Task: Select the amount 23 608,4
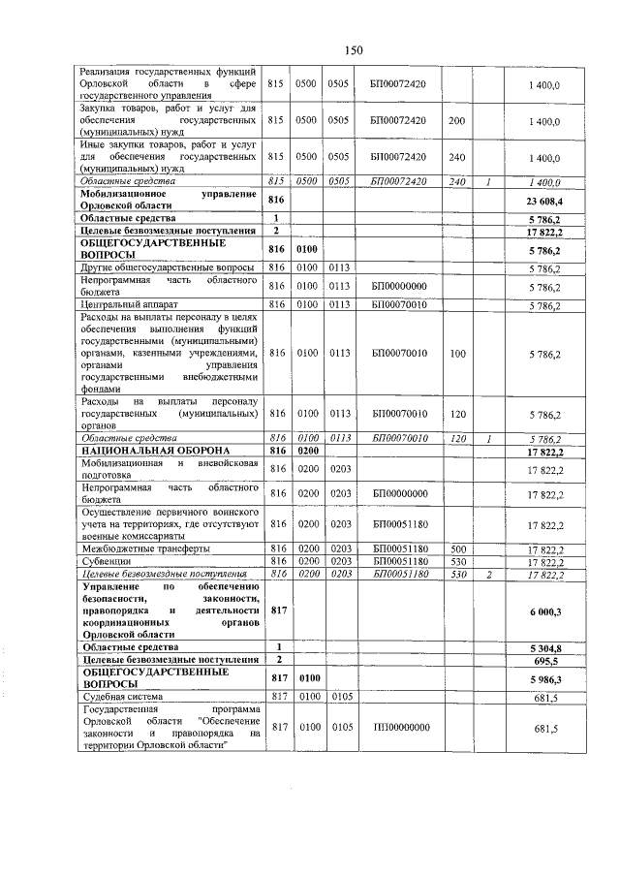543,200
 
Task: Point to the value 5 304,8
545,646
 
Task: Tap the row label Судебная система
121,696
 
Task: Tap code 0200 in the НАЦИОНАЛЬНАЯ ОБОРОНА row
307,452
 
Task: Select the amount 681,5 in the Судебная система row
548,696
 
